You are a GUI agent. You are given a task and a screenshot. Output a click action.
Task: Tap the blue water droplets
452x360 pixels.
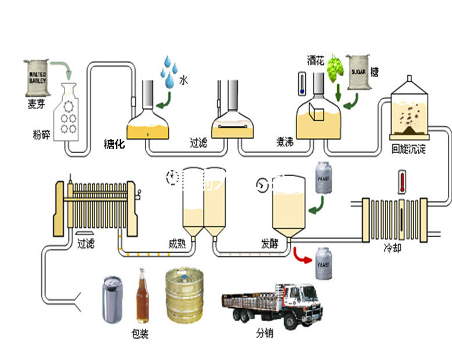coord(169,71)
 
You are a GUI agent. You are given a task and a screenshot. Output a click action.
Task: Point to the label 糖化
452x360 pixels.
coord(114,144)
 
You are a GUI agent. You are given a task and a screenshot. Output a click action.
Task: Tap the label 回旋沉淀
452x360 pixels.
coord(409,149)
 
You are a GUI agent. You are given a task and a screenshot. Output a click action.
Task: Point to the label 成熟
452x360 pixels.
coord(178,244)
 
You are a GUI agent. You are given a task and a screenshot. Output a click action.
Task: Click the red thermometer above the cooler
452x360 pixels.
coord(401,182)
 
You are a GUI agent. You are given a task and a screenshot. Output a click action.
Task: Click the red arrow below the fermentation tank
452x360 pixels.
coord(301,255)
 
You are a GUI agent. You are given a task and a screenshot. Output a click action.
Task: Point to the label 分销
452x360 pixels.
coord(265,334)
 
